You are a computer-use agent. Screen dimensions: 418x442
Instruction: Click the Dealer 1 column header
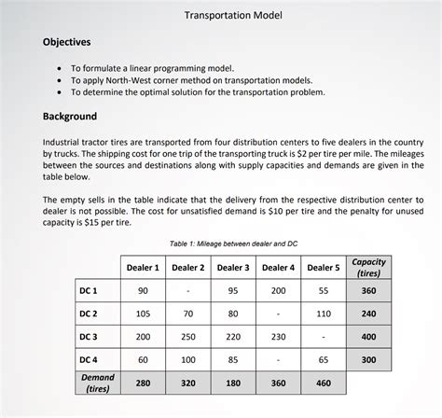(143, 268)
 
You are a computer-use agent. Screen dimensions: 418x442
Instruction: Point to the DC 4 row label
(90, 359)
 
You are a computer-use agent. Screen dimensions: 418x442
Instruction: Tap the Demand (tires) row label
(97, 383)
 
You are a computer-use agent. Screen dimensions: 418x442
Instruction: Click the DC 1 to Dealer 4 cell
(278, 290)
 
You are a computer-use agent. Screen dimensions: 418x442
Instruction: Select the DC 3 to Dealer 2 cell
(187, 336)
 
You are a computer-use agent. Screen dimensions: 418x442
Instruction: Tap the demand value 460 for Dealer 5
(324, 383)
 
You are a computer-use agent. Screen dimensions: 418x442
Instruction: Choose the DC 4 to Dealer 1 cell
(143, 359)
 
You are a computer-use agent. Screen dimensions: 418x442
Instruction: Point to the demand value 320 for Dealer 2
(187, 383)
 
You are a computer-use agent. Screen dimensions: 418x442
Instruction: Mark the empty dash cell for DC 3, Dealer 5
(324, 336)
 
